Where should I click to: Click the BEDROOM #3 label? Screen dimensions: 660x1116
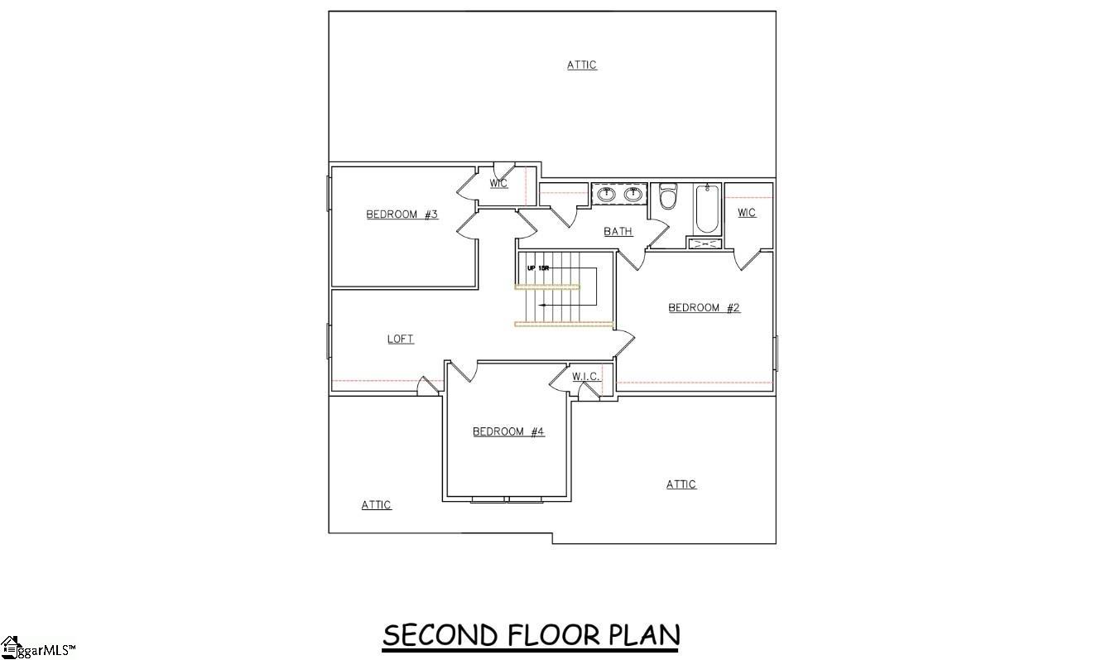tap(402, 214)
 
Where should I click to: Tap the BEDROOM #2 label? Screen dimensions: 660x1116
tap(704, 308)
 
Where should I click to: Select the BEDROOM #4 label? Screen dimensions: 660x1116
tap(508, 431)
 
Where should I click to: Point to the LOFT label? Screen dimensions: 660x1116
tap(400, 339)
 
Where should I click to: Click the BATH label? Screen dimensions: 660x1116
tap(618, 231)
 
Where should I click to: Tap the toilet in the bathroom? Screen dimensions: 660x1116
tap(668, 197)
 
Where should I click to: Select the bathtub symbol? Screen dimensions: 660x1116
tap(707, 209)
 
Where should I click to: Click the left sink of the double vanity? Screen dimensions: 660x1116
tap(606, 195)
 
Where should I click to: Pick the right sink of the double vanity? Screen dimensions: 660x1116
tap(633, 195)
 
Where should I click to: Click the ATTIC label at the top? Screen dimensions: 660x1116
tap(582, 65)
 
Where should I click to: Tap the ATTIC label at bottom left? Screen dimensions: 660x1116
tap(376, 505)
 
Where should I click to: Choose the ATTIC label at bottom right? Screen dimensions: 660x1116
tap(681, 484)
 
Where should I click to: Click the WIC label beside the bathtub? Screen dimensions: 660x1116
tap(746, 213)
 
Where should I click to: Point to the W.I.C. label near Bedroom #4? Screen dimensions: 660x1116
tap(585, 377)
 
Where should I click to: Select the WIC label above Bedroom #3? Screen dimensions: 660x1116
tap(498, 183)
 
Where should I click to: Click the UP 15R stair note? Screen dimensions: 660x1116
tap(538, 268)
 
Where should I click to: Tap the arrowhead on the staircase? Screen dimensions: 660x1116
tap(541, 305)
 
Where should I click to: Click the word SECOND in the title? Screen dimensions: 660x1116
tap(440, 635)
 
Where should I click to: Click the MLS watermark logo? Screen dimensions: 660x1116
tap(37, 648)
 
